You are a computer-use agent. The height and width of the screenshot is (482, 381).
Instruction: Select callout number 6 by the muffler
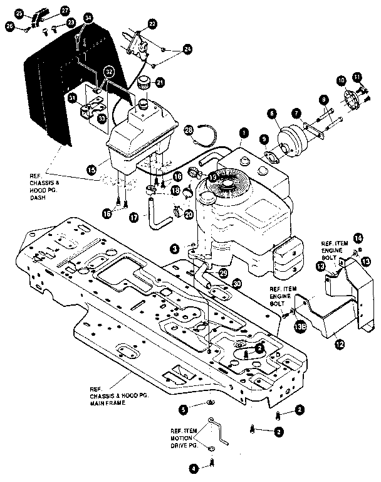click(x=271, y=114)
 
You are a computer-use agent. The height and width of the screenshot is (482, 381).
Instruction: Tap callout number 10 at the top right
click(x=342, y=80)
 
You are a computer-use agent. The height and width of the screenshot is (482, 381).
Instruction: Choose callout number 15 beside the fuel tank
click(x=91, y=169)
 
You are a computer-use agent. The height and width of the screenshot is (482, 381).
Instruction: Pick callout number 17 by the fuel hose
click(x=133, y=217)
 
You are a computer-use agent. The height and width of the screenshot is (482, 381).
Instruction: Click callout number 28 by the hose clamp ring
click(x=189, y=129)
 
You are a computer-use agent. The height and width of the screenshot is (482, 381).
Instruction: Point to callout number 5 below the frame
click(x=183, y=409)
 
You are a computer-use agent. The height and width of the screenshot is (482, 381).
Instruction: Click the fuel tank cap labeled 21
click(x=144, y=82)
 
